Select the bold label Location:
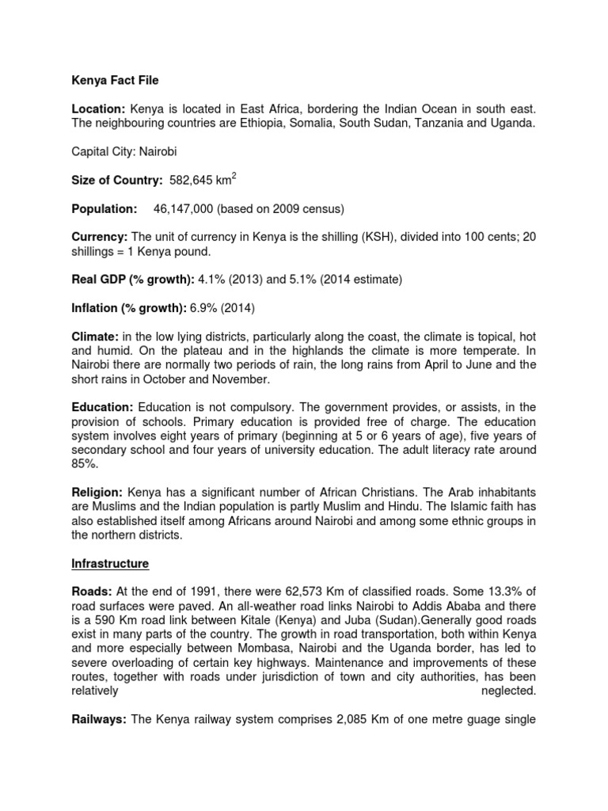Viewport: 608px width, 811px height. click(x=95, y=107)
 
